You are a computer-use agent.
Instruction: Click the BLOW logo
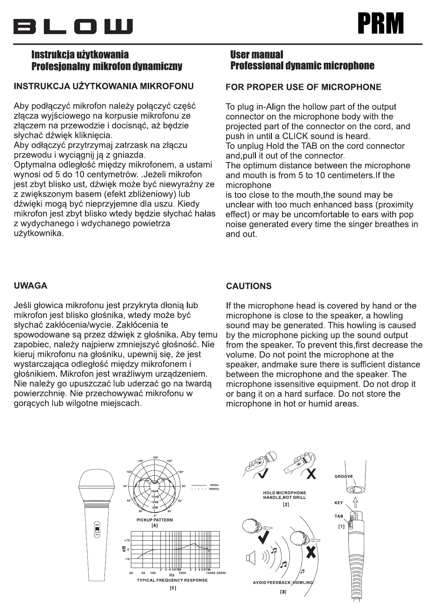click(x=73, y=27)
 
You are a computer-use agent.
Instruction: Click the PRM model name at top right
click(x=381, y=23)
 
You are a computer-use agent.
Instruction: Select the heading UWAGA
click(x=31, y=285)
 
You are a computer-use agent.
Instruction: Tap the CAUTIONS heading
click(x=249, y=286)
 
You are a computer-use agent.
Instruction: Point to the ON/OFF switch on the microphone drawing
click(x=97, y=529)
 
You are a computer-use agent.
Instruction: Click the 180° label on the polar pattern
click(x=155, y=457)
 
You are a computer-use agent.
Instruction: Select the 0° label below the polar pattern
click(x=155, y=515)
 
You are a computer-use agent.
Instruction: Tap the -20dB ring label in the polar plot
click(x=154, y=491)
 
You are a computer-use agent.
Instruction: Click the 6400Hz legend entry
click(x=214, y=489)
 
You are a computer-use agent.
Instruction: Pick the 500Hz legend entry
click(x=213, y=485)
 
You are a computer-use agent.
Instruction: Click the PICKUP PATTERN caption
click(x=155, y=520)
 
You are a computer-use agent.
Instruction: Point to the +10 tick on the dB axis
click(x=127, y=540)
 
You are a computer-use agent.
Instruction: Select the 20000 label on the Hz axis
click(x=221, y=573)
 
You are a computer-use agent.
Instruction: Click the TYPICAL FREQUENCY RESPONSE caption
click(x=172, y=580)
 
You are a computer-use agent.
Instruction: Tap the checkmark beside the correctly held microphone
click(x=264, y=473)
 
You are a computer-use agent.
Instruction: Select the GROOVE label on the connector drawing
click(x=344, y=476)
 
